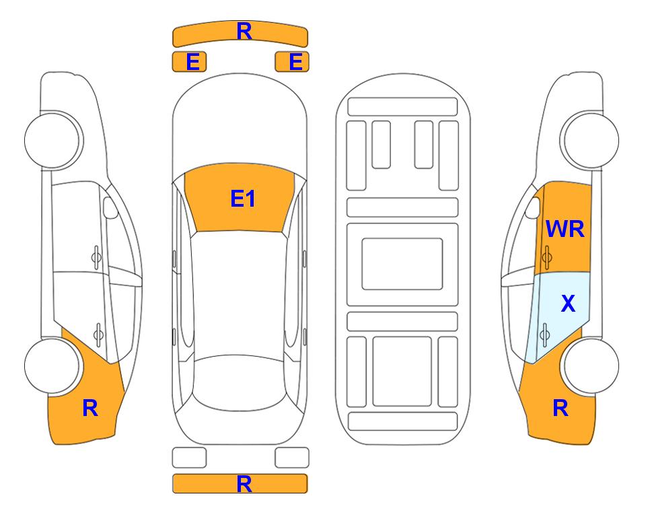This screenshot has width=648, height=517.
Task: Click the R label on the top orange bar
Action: pyautogui.click(x=244, y=32)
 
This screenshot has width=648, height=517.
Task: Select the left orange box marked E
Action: pyautogui.click(x=189, y=62)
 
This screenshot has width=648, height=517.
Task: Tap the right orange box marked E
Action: pyautogui.click(x=292, y=62)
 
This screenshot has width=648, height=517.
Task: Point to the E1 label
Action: pyautogui.click(x=243, y=199)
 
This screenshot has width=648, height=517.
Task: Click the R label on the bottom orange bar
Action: pyautogui.click(x=244, y=484)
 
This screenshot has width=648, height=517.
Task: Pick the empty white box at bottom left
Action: pyautogui.click(x=189, y=458)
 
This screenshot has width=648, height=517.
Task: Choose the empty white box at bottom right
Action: pyautogui.click(x=292, y=458)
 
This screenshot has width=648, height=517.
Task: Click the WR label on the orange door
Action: pyautogui.click(x=565, y=229)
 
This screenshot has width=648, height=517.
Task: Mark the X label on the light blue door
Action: pyautogui.click(x=568, y=303)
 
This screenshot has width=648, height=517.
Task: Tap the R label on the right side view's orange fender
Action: pyautogui.click(x=561, y=408)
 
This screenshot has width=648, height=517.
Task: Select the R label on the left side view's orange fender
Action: pyautogui.click(x=90, y=408)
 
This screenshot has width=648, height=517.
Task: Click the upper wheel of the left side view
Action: pyautogui.click(x=52, y=140)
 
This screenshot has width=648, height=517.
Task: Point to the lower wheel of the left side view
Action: pyautogui.click(x=52, y=366)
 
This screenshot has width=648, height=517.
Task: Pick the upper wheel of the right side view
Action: pyautogui.click(x=591, y=140)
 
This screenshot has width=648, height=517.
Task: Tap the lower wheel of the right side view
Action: pyautogui.click(x=591, y=366)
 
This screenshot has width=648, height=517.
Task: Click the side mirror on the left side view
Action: pyautogui.click(x=110, y=207)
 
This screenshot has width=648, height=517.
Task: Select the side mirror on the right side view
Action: pyautogui.click(x=533, y=207)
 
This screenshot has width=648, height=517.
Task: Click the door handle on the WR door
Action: pyautogui.click(x=547, y=257)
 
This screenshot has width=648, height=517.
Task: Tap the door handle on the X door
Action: pyautogui.click(x=545, y=335)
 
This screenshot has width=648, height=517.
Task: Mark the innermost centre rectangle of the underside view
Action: pyautogui.click(x=402, y=264)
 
